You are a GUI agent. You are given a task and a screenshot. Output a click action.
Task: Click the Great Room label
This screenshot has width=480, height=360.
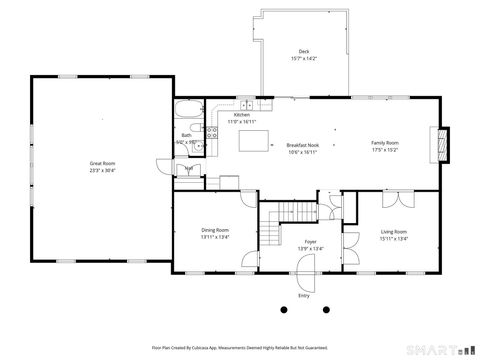click(x=103, y=163)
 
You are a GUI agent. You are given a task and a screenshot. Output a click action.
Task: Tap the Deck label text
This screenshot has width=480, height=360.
click(x=303, y=52)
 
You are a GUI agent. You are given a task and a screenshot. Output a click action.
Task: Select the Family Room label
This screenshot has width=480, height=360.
click(x=385, y=144)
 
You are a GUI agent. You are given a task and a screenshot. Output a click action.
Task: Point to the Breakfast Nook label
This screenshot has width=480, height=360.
click(x=303, y=144)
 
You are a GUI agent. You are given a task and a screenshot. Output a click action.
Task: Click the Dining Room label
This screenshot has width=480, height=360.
click(x=216, y=230)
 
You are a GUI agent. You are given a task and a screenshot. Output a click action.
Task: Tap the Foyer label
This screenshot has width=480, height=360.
click(x=297, y=241)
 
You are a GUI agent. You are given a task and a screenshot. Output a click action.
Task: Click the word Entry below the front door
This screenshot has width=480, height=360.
click(x=304, y=295)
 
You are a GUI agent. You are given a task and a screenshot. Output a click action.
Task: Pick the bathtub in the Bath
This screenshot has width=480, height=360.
click(x=188, y=113)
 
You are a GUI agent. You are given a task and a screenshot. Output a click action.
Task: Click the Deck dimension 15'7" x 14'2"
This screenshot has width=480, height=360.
click(x=303, y=59)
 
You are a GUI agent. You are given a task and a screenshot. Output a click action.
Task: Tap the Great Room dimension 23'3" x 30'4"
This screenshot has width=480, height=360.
click(x=103, y=170)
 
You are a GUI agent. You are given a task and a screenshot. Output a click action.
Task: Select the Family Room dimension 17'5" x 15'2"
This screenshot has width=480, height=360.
click(x=385, y=151)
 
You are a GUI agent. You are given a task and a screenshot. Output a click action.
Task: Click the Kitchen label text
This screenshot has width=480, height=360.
click(x=242, y=115)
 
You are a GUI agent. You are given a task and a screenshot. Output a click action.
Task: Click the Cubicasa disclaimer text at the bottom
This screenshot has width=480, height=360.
click(x=239, y=348)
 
